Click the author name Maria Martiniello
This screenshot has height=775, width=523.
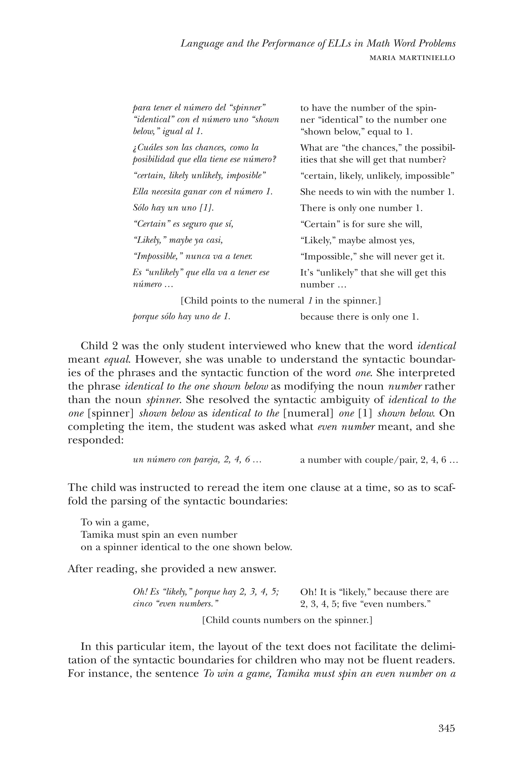point(412,58)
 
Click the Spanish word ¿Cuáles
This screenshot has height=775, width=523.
point(147,147)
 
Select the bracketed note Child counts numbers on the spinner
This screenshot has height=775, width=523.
point(287,620)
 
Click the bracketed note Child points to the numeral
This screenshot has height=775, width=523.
point(280,301)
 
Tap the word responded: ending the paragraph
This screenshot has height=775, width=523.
point(96,440)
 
